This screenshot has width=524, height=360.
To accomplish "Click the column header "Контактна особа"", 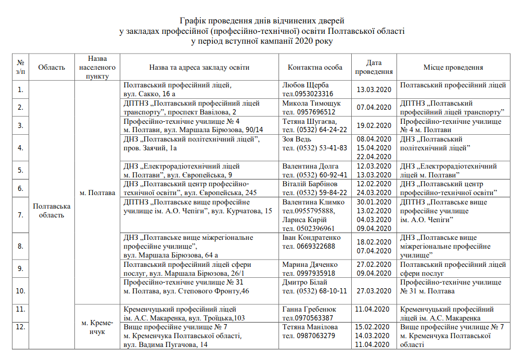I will [315, 67].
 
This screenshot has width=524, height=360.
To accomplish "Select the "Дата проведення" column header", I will [374, 67].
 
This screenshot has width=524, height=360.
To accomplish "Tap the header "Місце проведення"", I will [453, 67].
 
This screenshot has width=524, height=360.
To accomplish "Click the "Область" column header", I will [52, 67].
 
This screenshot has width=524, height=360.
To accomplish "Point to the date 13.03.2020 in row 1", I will [374, 89].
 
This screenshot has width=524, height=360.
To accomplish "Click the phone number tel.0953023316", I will [308, 94].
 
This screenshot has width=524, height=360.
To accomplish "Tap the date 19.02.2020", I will [374, 125].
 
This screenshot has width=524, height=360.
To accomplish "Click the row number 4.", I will [20, 148].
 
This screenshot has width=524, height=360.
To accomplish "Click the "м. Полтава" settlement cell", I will [97, 192].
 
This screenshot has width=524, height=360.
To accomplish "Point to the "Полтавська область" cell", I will [52, 211].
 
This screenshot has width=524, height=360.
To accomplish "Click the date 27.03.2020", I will [374, 291].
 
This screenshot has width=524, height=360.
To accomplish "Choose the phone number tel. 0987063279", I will [309, 336].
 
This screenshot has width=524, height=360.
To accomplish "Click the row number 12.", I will [20, 327].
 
